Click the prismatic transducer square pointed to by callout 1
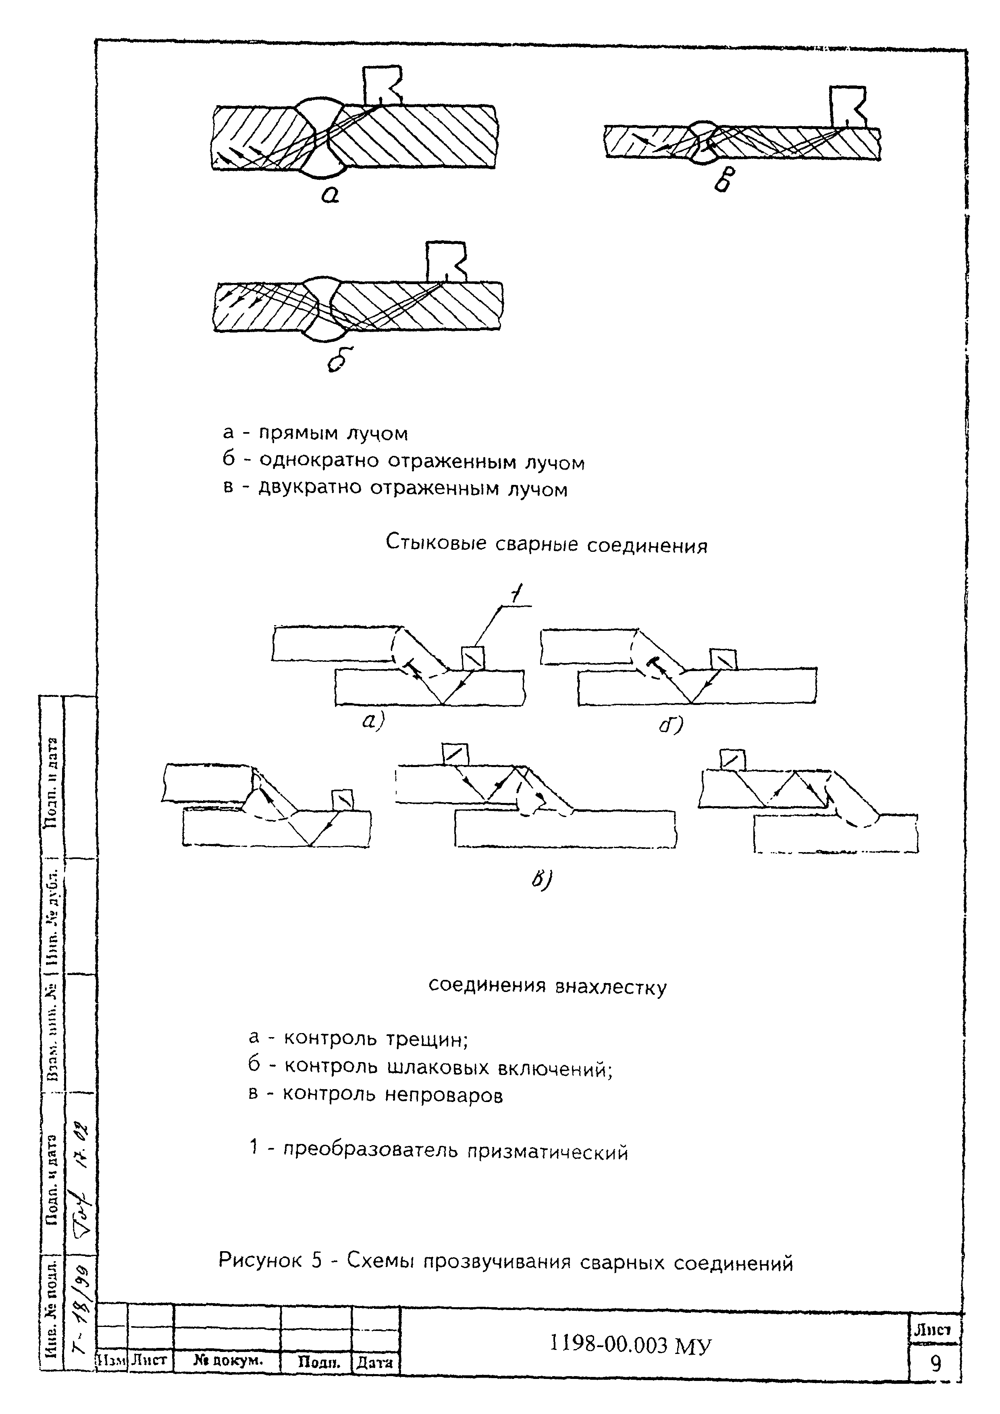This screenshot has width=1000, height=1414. tap(473, 658)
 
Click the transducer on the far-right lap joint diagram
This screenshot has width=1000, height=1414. tap(732, 759)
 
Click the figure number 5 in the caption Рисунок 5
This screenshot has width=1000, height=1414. tap(316, 1261)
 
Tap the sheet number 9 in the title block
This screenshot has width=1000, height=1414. tap(935, 1364)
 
